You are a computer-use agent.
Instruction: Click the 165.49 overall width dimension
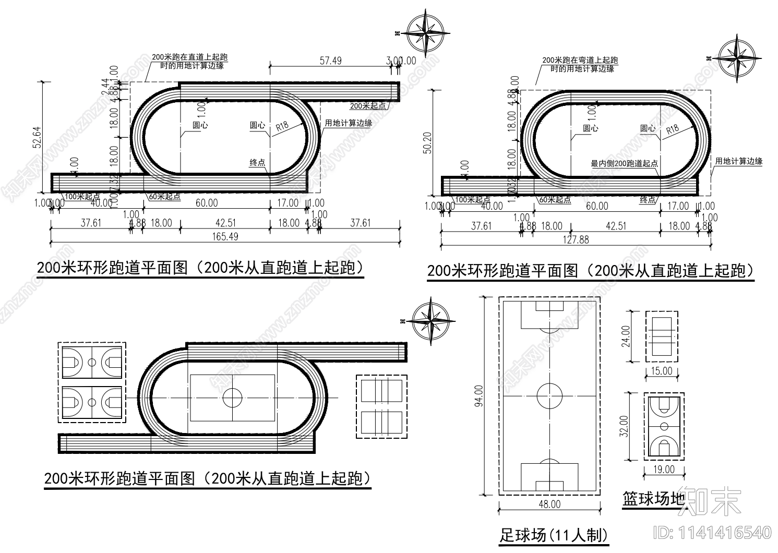(x=225, y=236)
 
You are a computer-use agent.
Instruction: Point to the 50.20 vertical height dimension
(x=428, y=142)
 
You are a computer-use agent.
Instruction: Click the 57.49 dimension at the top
(x=330, y=61)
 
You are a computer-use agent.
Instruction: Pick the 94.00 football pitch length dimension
(x=478, y=395)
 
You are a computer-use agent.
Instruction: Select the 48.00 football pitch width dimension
(x=549, y=504)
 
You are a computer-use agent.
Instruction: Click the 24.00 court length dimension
(x=626, y=336)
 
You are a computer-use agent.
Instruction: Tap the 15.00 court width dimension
(x=662, y=371)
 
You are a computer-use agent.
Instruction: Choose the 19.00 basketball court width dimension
(x=664, y=470)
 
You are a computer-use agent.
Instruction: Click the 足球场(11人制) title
(x=554, y=535)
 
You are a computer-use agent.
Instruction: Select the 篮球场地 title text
(x=653, y=499)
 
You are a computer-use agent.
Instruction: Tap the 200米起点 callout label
(x=368, y=105)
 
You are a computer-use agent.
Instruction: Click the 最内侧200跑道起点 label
(x=624, y=163)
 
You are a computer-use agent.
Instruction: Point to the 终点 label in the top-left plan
(x=257, y=163)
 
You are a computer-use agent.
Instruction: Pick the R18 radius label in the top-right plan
(x=673, y=129)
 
